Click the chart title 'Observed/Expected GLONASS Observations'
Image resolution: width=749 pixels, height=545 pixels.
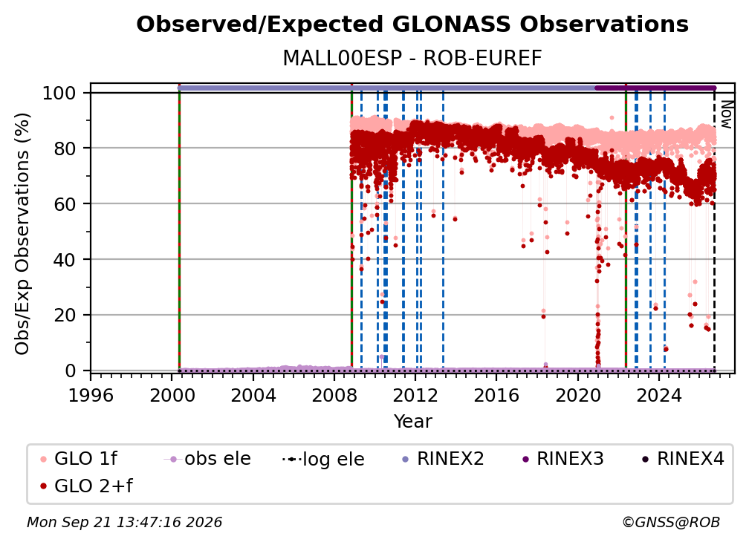click(x=412, y=25)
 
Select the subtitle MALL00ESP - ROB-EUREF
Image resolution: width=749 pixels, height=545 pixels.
click(x=412, y=59)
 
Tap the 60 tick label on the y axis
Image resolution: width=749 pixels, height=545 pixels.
click(x=65, y=204)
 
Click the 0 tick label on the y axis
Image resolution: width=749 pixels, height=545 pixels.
click(x=70, y=371)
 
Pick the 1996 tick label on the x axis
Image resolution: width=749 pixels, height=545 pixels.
click(x=91, y=395)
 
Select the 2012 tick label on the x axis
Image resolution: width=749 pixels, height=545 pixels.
click(x=415, y=395)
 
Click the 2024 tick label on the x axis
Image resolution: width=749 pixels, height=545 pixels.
click(x=658, y=395)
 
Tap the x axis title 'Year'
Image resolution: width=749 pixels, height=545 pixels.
click(x=412, y=422)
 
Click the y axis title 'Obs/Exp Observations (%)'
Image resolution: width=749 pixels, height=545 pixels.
click(x=22, y=233)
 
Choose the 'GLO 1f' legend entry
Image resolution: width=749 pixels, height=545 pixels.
click(x=79, y=459)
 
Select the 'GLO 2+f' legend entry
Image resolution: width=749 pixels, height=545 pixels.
click(x=86, y=486)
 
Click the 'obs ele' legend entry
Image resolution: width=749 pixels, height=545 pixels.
click(x=207, y=459)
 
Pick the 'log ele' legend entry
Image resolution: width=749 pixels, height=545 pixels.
click(x=323, y=459)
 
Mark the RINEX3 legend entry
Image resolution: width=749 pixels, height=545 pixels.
click(x=562, y=459)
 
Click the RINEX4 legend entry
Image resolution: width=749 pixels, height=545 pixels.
click(x=683, y=459)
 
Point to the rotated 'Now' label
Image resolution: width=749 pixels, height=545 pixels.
click(x=726, y=115)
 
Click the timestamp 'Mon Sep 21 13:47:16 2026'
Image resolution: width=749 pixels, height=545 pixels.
click(x=124, y=522)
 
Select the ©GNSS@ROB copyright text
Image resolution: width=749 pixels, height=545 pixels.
click(x=671, y=522)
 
